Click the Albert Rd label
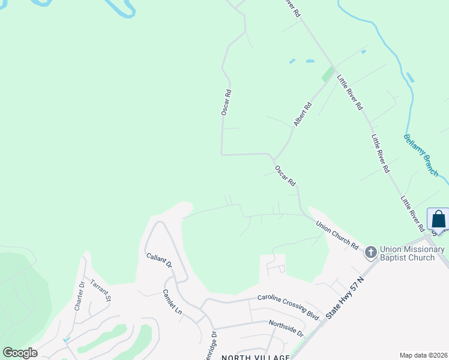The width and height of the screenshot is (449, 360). (303, 114)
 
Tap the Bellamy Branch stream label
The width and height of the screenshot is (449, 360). (421, 155)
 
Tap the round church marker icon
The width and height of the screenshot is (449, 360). (371, 253)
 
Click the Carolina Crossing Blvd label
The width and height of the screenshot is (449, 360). (288, 297)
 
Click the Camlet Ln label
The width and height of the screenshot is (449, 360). (172, 301)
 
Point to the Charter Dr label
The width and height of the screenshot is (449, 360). (78, 296)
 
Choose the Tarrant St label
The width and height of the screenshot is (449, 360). (101, 290)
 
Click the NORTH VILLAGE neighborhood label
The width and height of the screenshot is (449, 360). (256, 357)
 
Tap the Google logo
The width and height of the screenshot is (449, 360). (20, 353)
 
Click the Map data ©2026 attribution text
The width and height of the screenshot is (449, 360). (423, 355)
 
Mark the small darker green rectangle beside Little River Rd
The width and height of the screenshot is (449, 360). (327, 74)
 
